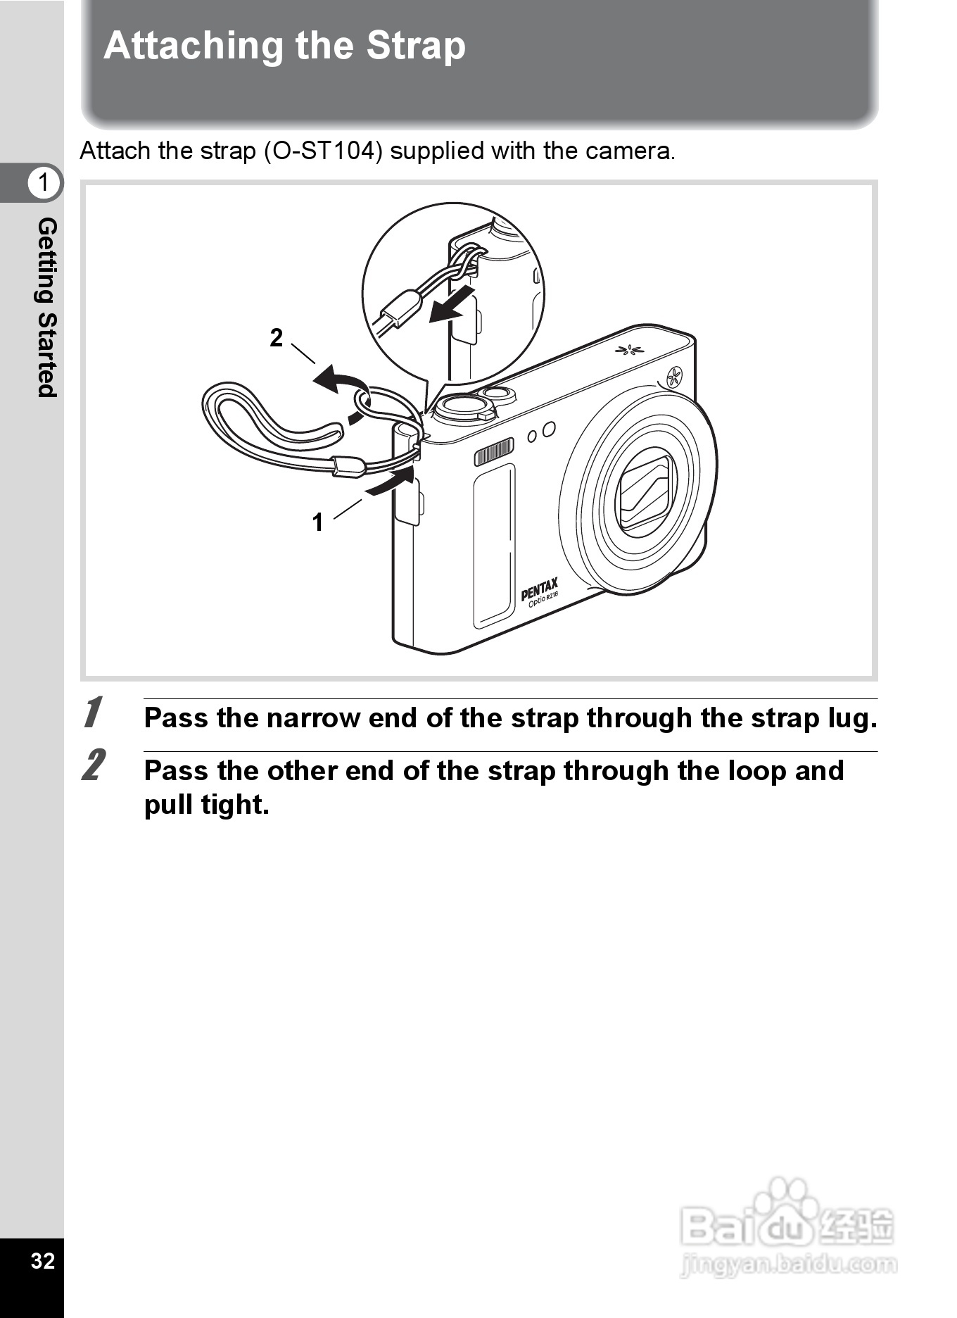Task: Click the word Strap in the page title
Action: point(415,46)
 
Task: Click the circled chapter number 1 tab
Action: point(44,183)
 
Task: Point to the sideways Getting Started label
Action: point(46,308)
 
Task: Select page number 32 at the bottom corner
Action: point(43,1261)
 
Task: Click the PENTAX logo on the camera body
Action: point(539,589)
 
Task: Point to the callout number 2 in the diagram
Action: point(277,338)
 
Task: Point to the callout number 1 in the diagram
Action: point(317,522)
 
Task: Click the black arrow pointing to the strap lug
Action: point(389,482)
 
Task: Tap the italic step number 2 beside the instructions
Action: point(94,765)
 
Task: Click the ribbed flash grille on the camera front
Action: point(493,452)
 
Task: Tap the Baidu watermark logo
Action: point(788,1229)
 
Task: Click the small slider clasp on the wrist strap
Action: point(348,465)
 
